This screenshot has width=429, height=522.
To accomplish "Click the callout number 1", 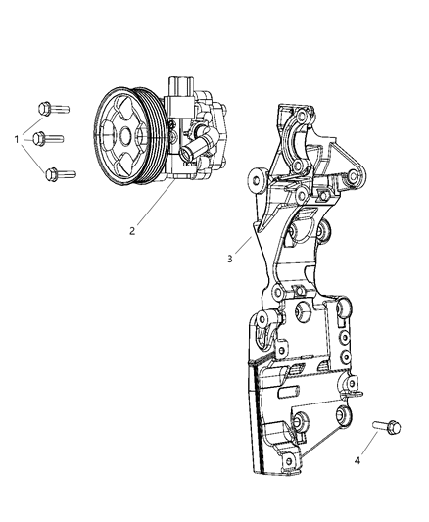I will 17,139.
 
